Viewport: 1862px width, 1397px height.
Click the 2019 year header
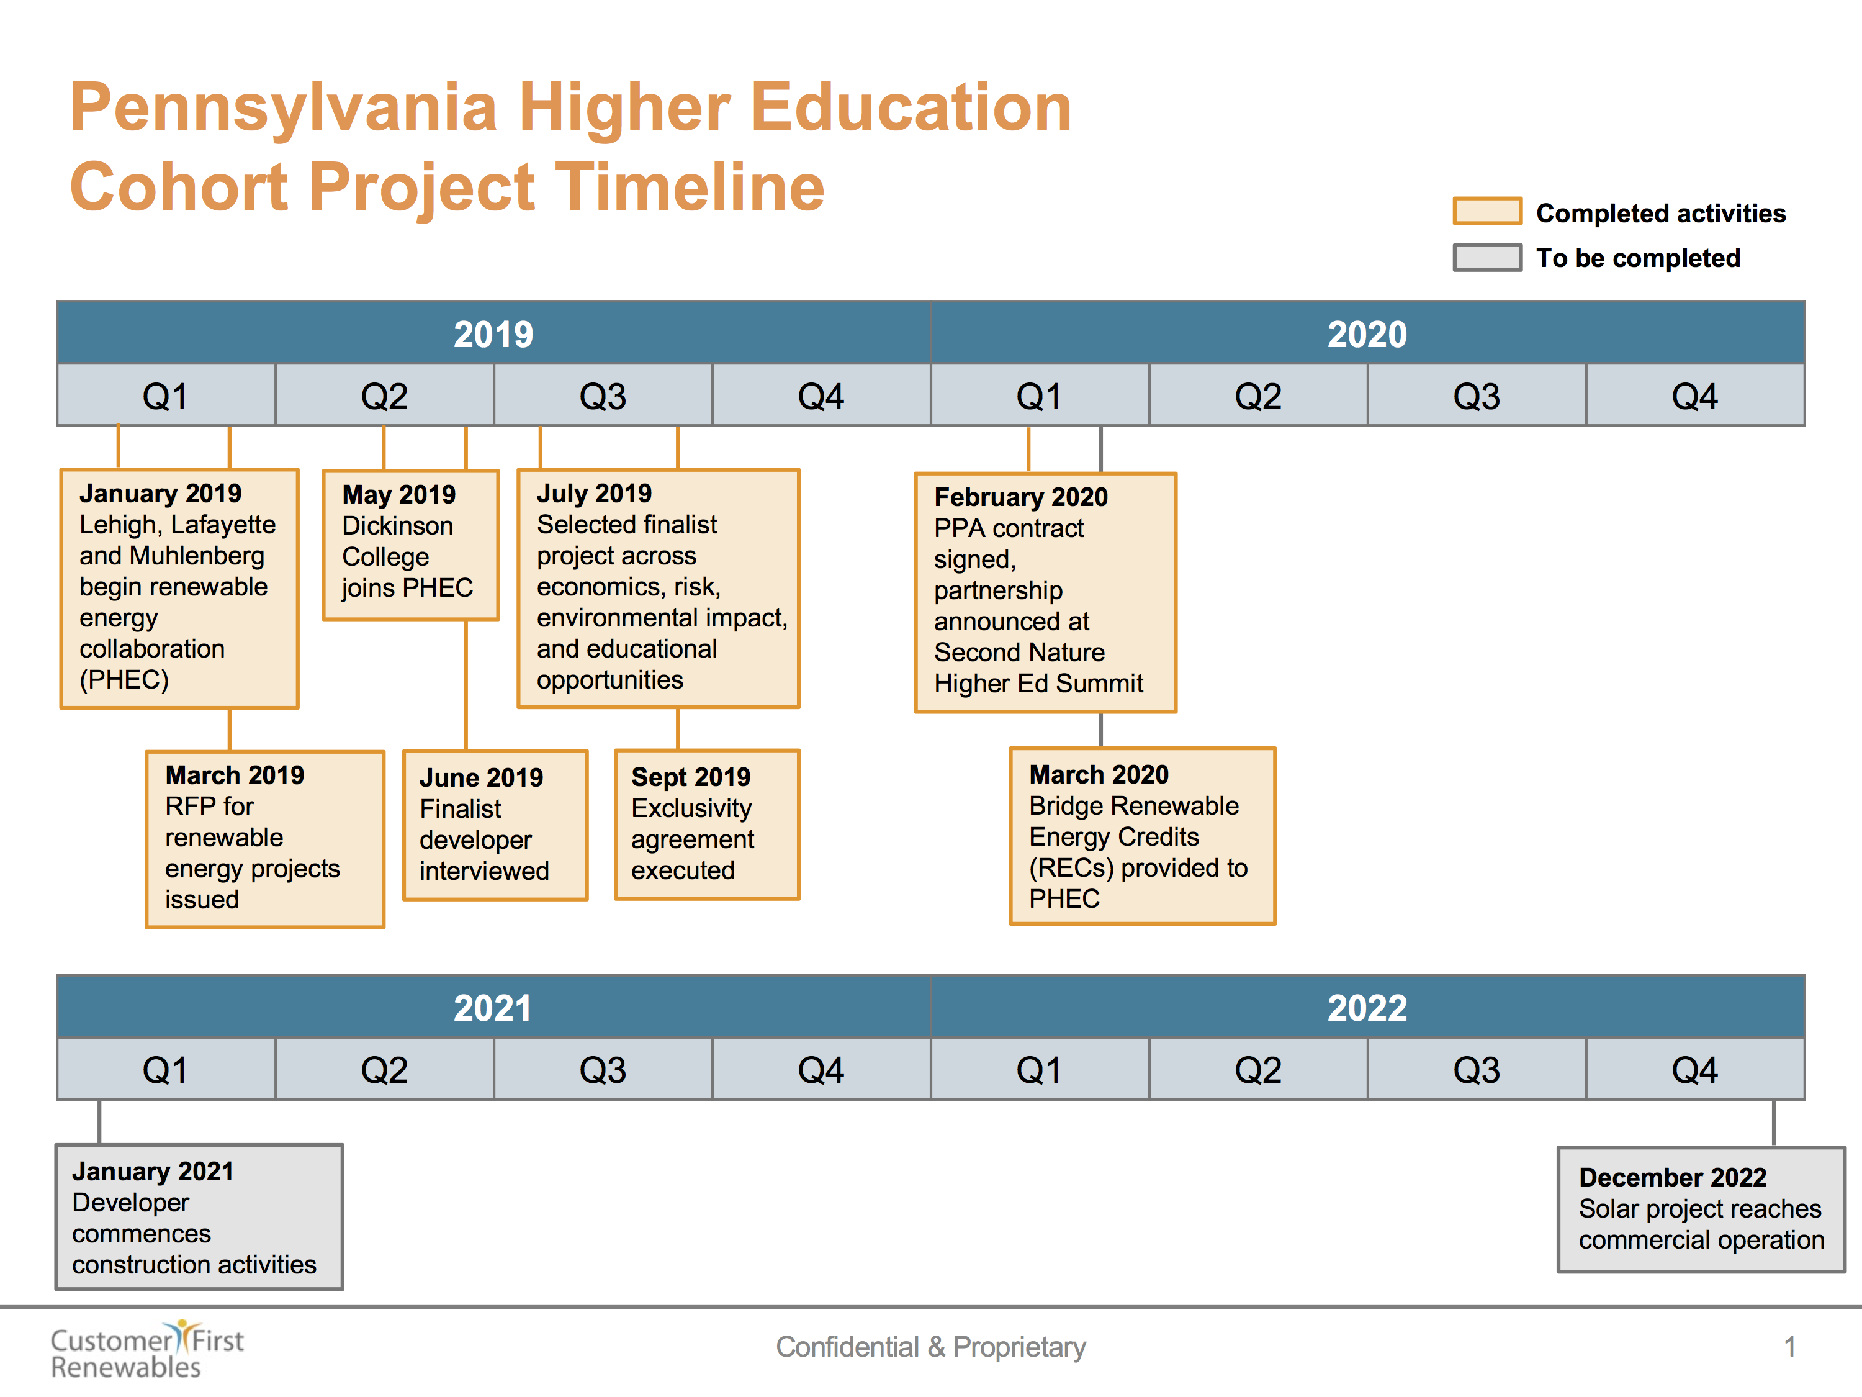pyautogui.click(x=493, y=333)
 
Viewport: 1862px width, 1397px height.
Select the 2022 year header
pyautogui.click(x=1367, y=1007)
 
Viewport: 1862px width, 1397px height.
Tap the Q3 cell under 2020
pyautogui.click(x=1477, y=396)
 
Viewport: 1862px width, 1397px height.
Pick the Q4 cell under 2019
pyautogui.click(x=821, y=396)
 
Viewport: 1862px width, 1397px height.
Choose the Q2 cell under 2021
pyautogui.click(x=384, y=1069)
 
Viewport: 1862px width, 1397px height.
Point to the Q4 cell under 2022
pyautogui.click(x=1694, y=1069)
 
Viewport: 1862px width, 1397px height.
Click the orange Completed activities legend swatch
pyautogui.click(x=1486, y=211)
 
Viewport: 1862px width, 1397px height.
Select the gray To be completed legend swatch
pyautogui.click(x=1486, y=258)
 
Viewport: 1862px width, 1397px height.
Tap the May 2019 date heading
pyautogui.click(x=398, y=494)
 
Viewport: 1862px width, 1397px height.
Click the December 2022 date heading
pyautogui.click(x=1671, y=1177)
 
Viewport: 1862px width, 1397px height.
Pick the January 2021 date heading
pyautogui.click(x=152, y=1172)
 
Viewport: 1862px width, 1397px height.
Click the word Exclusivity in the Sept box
pyautogui.click(x=691, y=808)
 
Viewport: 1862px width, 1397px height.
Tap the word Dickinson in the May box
pyautogui.click(x=397, y=525)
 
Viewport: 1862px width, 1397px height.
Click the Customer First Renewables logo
pyautogui.click(x=146, y=1349)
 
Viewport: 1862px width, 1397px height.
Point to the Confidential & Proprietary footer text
pyautogui.click(x=930, y=1347)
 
